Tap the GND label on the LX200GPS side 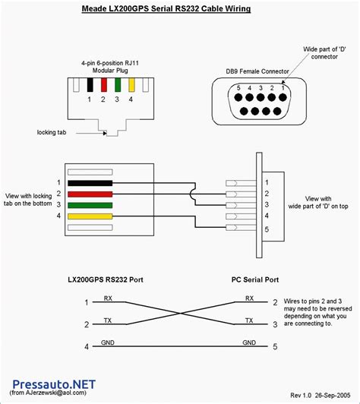click(x=108, y=343)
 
